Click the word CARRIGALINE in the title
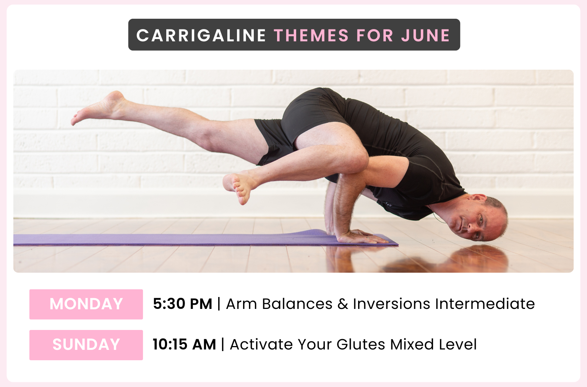tap(201, 35)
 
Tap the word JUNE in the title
tap(426, 35)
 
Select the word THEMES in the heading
tap(311, 35)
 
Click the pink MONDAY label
tap(86, 304)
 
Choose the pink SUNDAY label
tap(86, 345)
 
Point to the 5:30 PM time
tap(183, 304)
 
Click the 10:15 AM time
tap(185, 345)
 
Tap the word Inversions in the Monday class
tap(391, 304)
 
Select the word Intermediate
tap(485, 304)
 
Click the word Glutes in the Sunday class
tap(361, 345)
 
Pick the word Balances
tap(297, 304)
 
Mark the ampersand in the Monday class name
tap(343, 304)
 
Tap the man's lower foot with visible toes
tap(239, 187)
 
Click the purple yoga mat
tap(204, 238)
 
